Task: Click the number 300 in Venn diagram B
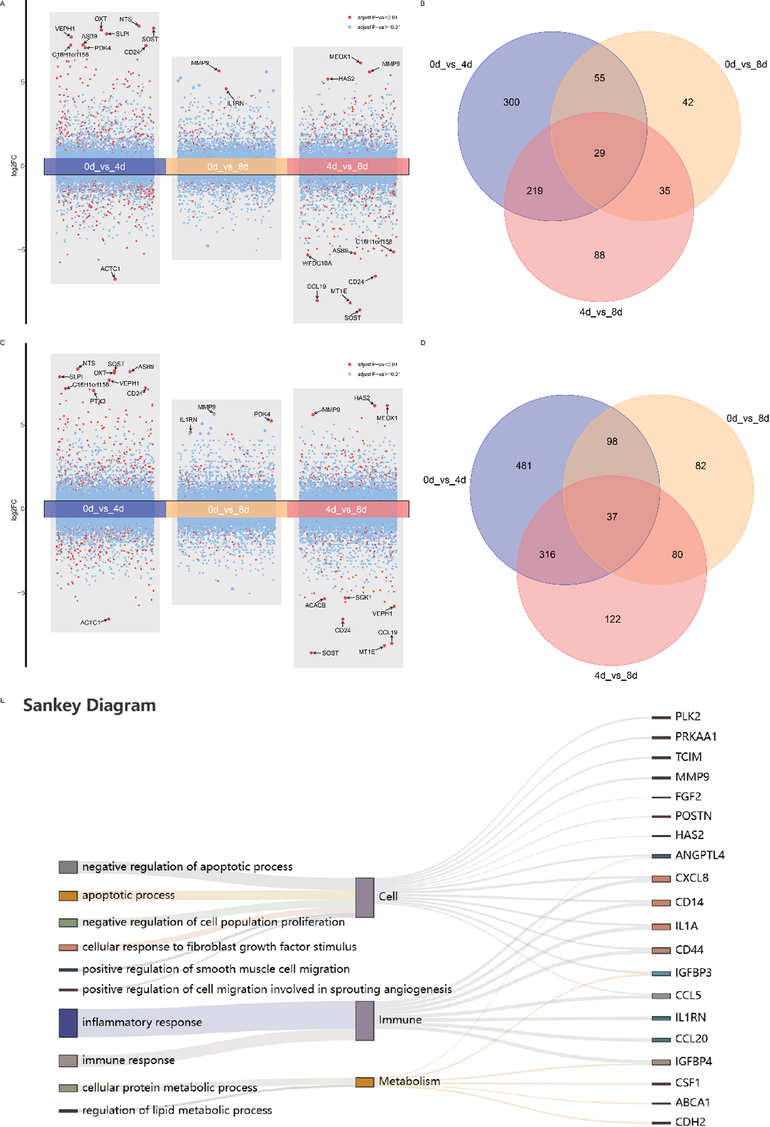[x=511, y=103]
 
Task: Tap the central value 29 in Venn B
[x=599, y=153]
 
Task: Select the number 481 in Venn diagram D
[x=524, y=465]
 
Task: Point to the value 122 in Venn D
[x=612, y=619]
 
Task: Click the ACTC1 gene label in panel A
[x=110, y=269]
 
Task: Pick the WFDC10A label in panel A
[x=317, y=263]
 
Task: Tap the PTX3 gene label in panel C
[x=97, y=401]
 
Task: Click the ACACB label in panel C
[x=315, y=605]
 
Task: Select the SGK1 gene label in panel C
[x=363, y=598]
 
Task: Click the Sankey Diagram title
[x=90, y=705]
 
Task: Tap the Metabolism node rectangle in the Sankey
[x=365, y=1082]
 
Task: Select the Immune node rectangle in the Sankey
[x=365, y=1020]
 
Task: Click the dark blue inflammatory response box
[x=68, y=1023]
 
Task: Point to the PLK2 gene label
[x=688, y=716]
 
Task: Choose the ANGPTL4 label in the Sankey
[x=700, y=855]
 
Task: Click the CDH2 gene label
[x=690, y=1121]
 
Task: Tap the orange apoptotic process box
[x=68, y=895]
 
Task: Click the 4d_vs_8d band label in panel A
[x=347, y=166]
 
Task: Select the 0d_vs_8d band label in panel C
[x=228, y=509]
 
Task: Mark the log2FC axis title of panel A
[x=13, y=165]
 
